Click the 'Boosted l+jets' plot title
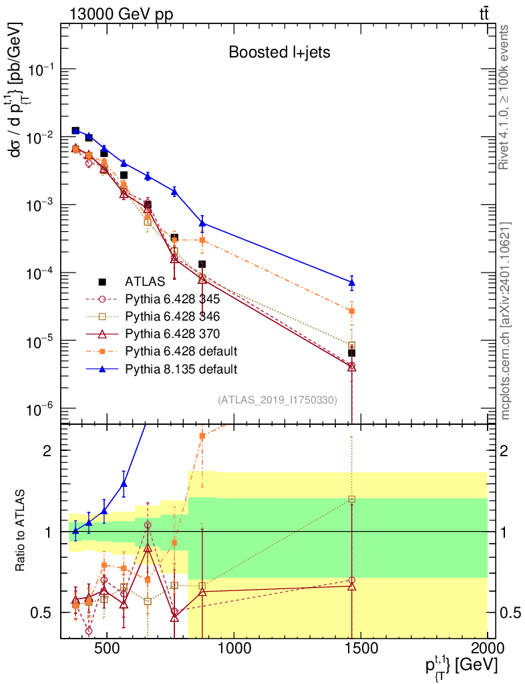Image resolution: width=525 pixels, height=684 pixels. coord(279,52)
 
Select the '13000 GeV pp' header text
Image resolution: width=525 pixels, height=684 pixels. coord(121,14)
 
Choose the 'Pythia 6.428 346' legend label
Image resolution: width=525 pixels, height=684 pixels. coord(172,316)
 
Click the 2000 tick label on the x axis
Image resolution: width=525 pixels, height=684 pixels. coord(488,648)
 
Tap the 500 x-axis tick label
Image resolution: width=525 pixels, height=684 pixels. coord(106,648)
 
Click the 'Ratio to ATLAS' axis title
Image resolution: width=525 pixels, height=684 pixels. coord(20,530)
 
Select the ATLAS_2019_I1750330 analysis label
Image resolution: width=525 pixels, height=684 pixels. coord(277,399)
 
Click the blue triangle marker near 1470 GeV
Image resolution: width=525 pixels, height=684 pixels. coord(351,283)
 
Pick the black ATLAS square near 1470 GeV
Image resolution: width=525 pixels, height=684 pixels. coord(351,353)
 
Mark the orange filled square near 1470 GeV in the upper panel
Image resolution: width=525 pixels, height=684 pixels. coord(351,311)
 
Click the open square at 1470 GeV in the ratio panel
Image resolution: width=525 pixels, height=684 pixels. coord(351,499)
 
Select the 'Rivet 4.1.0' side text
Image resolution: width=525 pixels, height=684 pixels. coord(504,98)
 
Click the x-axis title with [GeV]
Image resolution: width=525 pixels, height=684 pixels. coord(462,666)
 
